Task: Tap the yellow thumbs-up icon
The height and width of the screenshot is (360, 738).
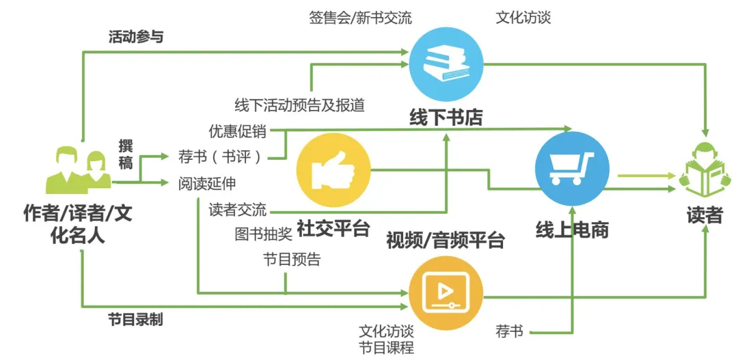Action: [x=333, y=169]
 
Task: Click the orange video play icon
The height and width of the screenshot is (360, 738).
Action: [x=446, y=292]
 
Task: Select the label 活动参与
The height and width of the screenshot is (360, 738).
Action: [x=136, y=37]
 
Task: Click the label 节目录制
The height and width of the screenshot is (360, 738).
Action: [x=135, y=319]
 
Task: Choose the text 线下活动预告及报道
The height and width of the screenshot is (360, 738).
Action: [x=299, y=105]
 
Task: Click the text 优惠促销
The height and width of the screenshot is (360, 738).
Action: [x=238, y=130]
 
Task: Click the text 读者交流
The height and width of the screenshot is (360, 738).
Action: [x=238, y=209]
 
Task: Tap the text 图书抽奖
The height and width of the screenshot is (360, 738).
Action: [x=264, y=234]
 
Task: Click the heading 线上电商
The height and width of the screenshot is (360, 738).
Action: [x=572, y=230]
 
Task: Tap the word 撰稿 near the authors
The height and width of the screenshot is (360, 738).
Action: [x=126, y=153]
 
